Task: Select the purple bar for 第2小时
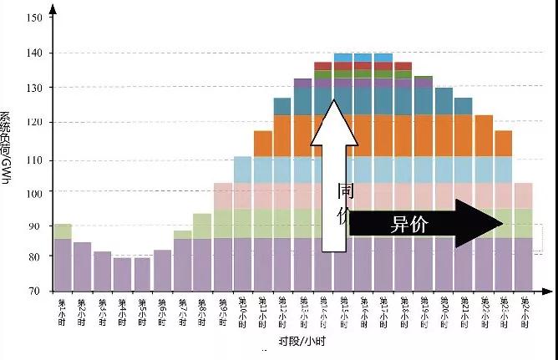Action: click(x=82, y=266)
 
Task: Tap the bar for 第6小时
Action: click(x=163, y=270)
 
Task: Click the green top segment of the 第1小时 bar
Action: click(x=62, y=231)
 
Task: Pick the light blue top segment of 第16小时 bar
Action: click(x=363, y=57)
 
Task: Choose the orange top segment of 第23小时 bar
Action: click(x=504, y=143)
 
